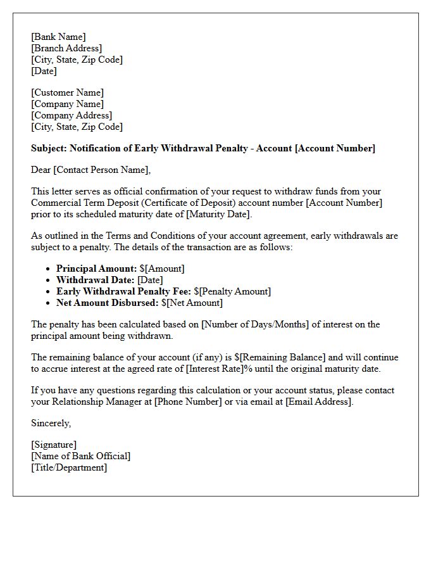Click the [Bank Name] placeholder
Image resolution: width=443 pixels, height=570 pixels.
click(58, 37)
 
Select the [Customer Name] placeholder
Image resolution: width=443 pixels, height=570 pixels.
click(67, 92)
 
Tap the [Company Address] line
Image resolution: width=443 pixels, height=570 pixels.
click(72, 115)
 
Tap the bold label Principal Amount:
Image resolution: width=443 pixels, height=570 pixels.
click(96, 269)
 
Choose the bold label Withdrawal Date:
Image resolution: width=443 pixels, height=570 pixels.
click(96, 280)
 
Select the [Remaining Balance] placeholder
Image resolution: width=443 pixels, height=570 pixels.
click(283, 358)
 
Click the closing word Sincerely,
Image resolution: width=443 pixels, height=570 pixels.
click(51, 423)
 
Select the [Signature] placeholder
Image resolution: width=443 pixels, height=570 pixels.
click(54, 445)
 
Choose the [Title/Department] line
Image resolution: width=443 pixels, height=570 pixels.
click(69, 467)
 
